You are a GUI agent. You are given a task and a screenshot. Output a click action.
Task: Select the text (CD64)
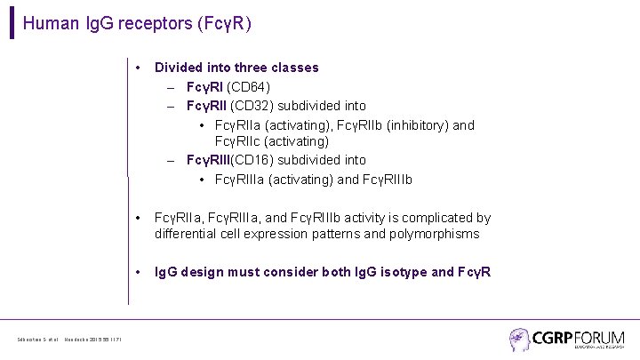(249, 86)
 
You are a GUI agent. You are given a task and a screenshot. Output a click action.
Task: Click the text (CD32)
(256, 106)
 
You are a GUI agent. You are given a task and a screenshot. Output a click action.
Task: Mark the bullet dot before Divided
(140, 68)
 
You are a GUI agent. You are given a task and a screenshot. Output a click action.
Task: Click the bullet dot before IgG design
(140, 272)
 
